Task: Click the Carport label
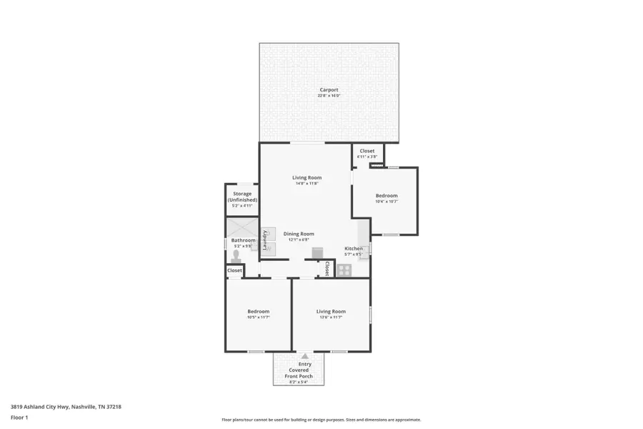coord(329,89)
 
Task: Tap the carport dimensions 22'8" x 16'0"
coord(329,95)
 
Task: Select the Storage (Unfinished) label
coord(241,197)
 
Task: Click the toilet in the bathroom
coord(236,255)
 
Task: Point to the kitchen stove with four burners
coord(344,270)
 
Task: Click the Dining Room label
coord(298,234)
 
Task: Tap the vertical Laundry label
coord(264,240)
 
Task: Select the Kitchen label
coord(354,248)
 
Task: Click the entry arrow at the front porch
coord(305,355)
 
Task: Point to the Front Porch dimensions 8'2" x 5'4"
coord(298,382)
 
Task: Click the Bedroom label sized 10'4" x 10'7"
coord(387,195)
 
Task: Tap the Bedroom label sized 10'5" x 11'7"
coord(258,311)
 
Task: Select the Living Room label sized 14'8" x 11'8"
coord(306,177)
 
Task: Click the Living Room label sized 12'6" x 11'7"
coord(331,311)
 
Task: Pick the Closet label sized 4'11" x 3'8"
coord(367,151)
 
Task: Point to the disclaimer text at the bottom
coord(321,420)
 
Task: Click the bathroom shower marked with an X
coord(236,228)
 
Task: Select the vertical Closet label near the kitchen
coord(327,269)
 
